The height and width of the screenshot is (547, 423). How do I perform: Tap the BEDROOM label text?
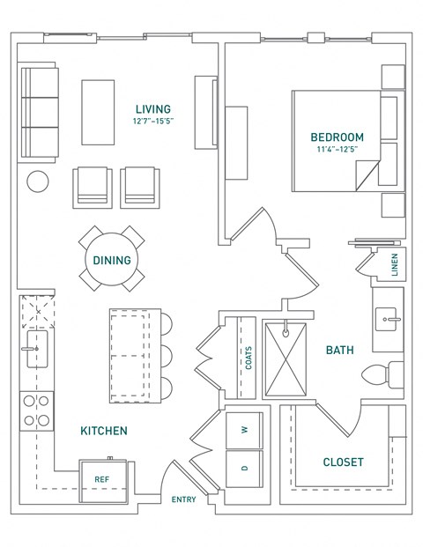click(x=337, y=137)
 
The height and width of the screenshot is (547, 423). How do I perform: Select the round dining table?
click(x=112, y=260)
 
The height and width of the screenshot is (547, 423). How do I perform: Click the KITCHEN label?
click(x=104, y=431)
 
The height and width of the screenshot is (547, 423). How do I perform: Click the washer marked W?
click(x=244, y=430)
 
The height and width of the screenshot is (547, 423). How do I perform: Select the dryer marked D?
click(x=244, y=468)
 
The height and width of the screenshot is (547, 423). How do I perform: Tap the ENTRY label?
click(x=184, y=500)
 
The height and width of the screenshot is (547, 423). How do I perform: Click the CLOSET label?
click(x=343, y=462)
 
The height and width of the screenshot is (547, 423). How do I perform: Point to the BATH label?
click(x=340, y=350)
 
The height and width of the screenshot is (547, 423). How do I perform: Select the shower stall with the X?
click(x=288, y=361)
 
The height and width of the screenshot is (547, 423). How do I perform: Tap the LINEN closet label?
click(x=395, y=264)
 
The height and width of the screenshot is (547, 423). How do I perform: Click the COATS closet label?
click(x=249, y=357)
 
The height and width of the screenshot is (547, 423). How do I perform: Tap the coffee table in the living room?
click(x=99, y=112)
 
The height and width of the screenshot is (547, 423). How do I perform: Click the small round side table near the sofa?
click(x=38, y=181)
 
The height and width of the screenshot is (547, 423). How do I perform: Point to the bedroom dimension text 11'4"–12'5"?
click(x=337, y=150)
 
